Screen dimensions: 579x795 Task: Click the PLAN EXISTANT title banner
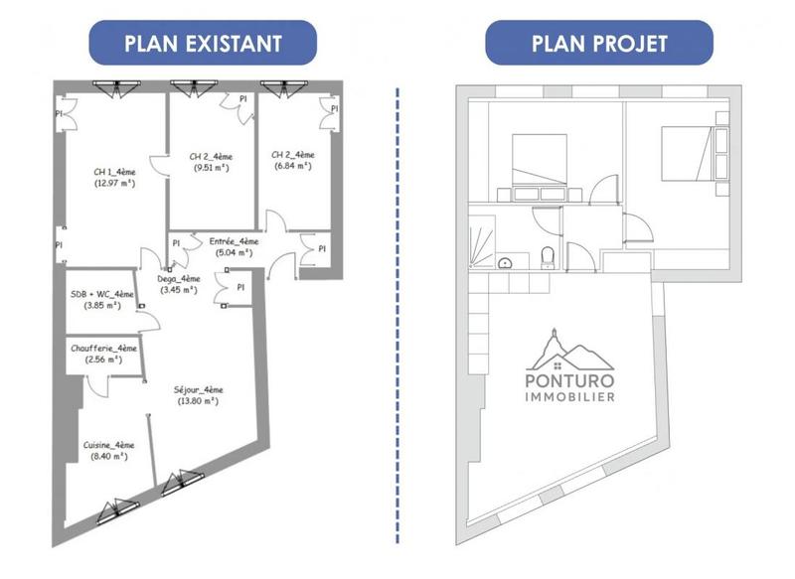tap(202, 43)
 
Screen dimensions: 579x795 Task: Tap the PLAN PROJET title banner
tap(599, 43)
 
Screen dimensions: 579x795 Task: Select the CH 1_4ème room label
tap(114, 171)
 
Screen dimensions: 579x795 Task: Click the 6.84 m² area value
tap(292, 167)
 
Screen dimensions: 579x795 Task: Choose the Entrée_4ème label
tap(234, 240)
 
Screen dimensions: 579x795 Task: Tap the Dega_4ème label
tap(179, 279)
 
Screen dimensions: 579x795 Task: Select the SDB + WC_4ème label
tap(102, 294)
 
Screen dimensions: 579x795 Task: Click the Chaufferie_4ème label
tap(103, 349)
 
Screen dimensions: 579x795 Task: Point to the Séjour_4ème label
tap(198, 389)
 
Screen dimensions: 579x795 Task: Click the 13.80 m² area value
tap(198, 401)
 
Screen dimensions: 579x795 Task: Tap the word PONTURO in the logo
tap(569, 379)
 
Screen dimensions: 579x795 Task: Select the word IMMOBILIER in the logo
tap(569, 397)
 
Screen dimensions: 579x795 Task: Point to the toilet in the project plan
tap(548, 258)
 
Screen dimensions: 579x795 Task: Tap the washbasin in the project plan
tap(507, 263)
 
